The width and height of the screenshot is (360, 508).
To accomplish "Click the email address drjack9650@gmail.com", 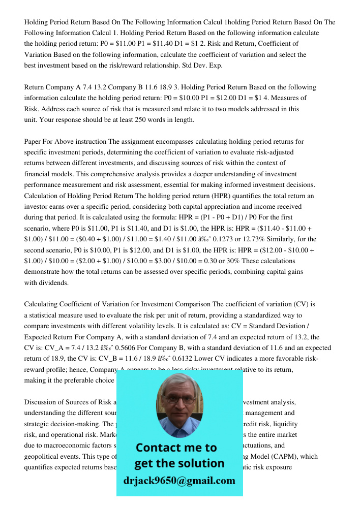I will [x=179, y=480].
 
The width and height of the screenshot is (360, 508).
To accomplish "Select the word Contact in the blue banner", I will [x=158, y=448].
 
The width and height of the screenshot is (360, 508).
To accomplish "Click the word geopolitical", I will [x=44, y=456].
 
